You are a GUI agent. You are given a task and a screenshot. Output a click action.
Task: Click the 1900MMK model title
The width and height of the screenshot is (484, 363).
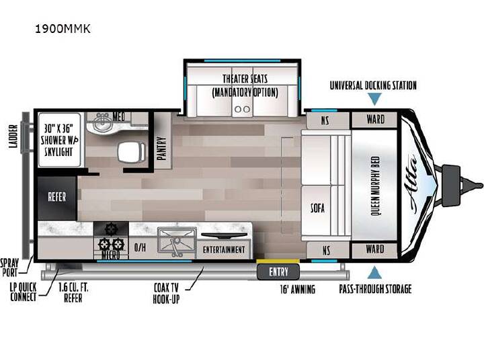tap(63, 29)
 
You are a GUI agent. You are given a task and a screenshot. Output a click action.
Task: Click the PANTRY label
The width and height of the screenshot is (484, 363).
tap(162, 148)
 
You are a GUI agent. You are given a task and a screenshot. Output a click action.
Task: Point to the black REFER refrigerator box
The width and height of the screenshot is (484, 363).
tap(56, 198)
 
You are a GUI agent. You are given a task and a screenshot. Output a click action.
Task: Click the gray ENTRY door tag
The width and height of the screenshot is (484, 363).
tap(278, 272)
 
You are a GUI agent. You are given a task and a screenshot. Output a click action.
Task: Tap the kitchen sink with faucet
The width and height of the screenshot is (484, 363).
tap(177, 243)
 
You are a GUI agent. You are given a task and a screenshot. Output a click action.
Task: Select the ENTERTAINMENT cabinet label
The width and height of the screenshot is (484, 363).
tap(224, 249)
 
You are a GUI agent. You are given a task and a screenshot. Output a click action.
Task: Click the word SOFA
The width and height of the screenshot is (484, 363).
tap(317, 208)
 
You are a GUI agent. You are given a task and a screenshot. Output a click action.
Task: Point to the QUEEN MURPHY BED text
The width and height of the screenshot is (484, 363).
tap(374, 186)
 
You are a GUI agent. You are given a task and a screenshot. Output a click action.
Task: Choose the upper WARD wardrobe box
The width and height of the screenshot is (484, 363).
tap(374, 120)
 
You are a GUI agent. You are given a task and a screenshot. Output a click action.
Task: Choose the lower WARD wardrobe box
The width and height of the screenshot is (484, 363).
tap(374, 250)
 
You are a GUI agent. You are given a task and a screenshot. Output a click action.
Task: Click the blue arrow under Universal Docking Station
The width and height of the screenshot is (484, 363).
tap(374, 99)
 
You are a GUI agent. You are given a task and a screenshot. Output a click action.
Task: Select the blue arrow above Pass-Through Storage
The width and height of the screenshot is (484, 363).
tap(374, 273)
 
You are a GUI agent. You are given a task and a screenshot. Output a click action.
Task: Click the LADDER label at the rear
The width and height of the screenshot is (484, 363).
tap(13, 136)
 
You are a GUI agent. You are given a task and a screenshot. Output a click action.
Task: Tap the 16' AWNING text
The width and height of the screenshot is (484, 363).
tap(298, 290)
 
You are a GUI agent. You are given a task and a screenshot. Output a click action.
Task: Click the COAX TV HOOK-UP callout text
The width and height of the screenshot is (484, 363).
tap(166, 293)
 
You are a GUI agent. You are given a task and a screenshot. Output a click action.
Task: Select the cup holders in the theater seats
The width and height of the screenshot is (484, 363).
tap(242, 109)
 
